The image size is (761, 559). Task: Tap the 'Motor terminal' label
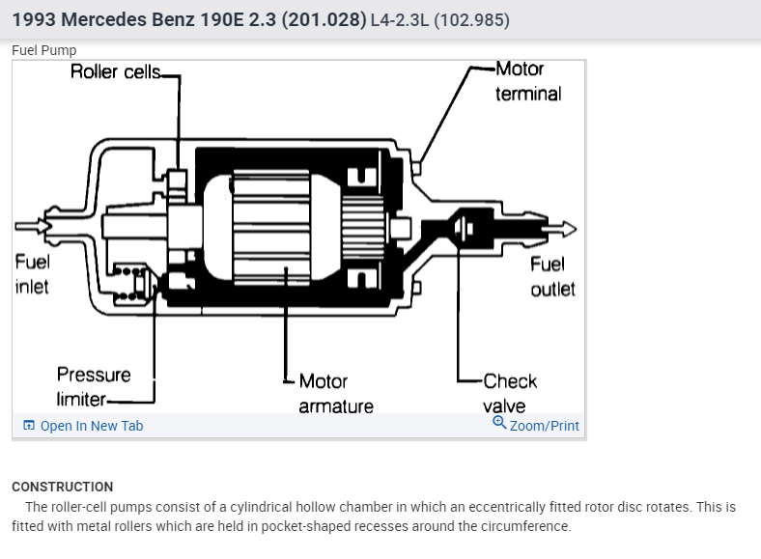(527, 81)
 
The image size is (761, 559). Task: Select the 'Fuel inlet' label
(32, 274)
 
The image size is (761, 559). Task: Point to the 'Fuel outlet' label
(552, 276)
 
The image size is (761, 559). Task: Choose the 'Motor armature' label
(335, 393)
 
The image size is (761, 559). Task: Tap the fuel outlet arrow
(561, 229)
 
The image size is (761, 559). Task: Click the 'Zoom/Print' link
(544, 426)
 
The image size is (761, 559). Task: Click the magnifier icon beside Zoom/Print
(499, 423)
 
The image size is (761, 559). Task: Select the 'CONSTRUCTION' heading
(62, 487)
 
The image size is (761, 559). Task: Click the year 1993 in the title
(35, 19)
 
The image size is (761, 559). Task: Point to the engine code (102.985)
(472, 20)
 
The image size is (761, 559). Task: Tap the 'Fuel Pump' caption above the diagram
(43, 50)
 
